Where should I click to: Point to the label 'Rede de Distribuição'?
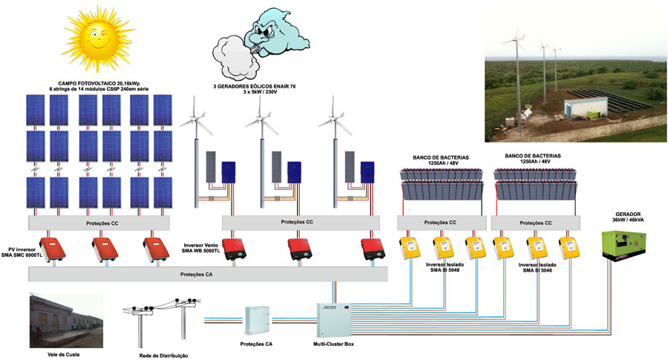[163, 355]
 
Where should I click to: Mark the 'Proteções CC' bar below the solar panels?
[100, 222]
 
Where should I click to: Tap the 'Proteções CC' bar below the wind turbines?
[297, 222]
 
